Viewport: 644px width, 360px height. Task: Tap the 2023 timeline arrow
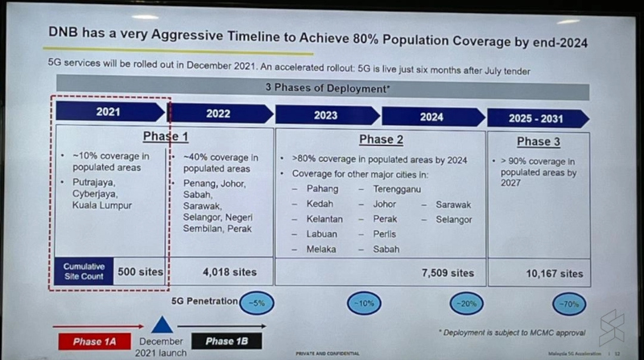click(x=326, y=115)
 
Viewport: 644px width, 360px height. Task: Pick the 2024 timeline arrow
click(x=431, y=117)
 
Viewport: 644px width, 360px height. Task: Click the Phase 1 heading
click(x=166, y=136)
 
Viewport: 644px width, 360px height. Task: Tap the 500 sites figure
click(x=139, y=271)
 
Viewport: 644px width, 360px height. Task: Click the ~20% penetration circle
click(x=464, y=304)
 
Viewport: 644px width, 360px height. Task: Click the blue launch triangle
click(x=163, y=324)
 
